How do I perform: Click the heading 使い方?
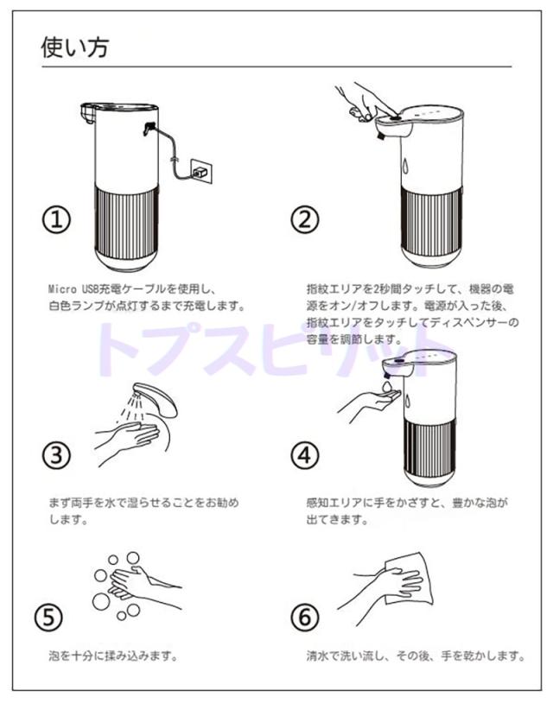tap(75, 47)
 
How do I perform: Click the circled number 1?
tap(56, 219)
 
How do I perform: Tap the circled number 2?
tap(304, 219)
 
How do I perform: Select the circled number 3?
tap(56, 455)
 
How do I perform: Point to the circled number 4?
tap(304, 455)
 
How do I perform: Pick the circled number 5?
tap(48, 617)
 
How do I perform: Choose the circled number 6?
tap(304, 617)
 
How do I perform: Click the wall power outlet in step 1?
tap(202, 171)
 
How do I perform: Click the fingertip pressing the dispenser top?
tap(393, 115)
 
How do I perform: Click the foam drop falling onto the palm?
tap(386, 385)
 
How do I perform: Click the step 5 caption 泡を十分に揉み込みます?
tap(113, 656)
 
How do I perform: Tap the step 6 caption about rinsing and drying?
tap(416, 656)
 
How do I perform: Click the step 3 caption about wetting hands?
tap(143, 510)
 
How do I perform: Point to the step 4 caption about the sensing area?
tap(407, 510)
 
